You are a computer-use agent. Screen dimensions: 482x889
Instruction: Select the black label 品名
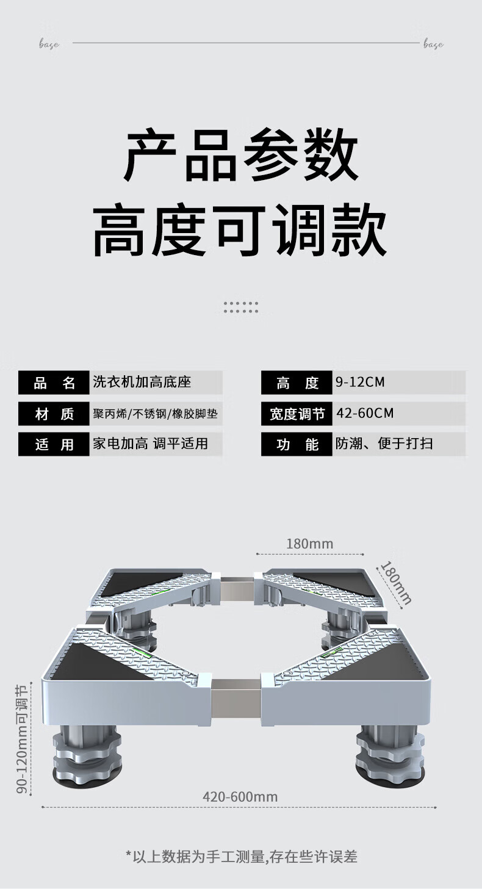tap(54, 383)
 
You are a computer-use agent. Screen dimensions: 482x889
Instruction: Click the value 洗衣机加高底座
tap(142, 383)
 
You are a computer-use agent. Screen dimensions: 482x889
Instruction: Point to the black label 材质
tap(54, 414)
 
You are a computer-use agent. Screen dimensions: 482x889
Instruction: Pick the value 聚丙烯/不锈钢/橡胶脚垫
tap(155, 414)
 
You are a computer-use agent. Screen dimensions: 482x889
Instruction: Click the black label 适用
tap(54, 444)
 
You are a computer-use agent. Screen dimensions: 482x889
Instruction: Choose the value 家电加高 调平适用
tap(150, 444)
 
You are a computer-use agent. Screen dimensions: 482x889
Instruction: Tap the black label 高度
tap(297, 383)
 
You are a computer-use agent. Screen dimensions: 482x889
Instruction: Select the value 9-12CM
tap(360, 383)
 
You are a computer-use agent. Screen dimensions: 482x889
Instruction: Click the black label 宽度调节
tap(297, 414)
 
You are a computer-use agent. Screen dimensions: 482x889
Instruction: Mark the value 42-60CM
tap(365, 414)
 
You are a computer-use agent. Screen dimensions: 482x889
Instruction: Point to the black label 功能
tap(297, 444)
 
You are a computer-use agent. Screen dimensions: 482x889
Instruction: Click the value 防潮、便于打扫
tap(384, 444)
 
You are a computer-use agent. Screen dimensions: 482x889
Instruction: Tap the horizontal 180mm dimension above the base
tap(310, 544)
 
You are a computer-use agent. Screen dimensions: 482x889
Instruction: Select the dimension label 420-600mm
tap(240, 797)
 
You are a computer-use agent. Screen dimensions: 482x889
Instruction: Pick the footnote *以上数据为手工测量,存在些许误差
tap(241, 857)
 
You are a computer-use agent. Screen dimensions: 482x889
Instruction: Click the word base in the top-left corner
tap(49, 44)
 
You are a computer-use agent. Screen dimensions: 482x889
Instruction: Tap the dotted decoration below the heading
tap(241, 307)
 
